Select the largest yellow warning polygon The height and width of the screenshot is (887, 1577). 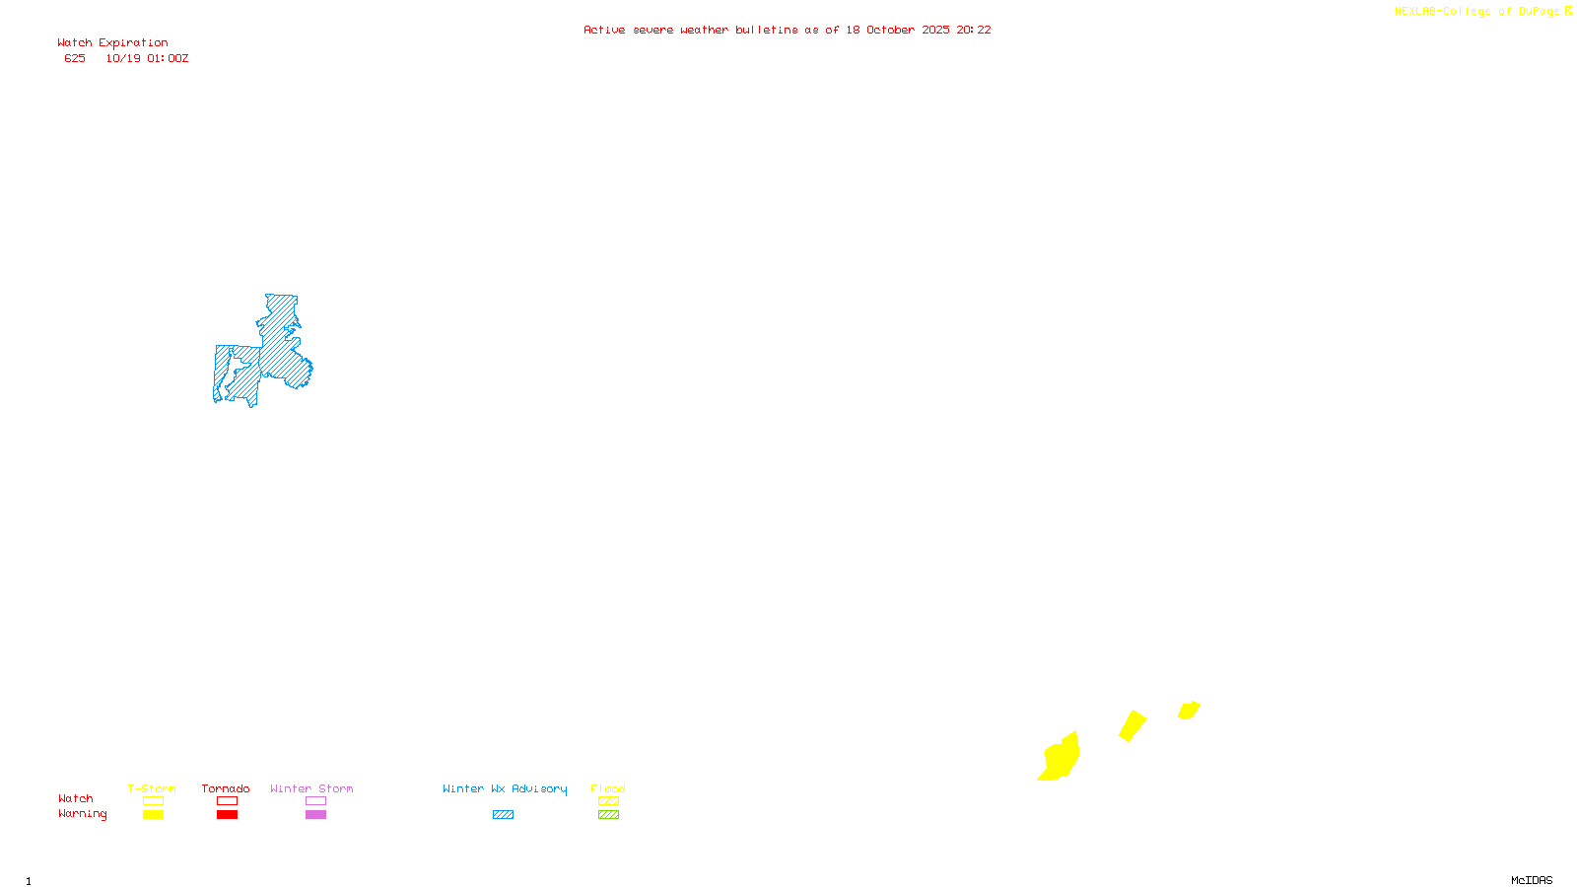tap(1061, 759)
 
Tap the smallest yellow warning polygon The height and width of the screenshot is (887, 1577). tap(1189, 710)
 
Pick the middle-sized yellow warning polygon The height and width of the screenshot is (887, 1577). tap(1132, 725)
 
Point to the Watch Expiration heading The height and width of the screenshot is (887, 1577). tap(112, 43)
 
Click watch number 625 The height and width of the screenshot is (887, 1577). tap(75, 59)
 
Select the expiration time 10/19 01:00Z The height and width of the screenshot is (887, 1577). tap(147, 59)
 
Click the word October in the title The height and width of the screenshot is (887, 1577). tap(891, 31)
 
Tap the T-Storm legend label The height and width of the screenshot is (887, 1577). tap(152, 789)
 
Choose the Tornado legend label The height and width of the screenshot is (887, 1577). tap(226, 789)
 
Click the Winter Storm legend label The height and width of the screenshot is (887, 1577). tap(311, 789)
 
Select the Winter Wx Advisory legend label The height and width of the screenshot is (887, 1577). tap(505, 789)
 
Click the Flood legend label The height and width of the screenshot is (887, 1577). tap(608, 789)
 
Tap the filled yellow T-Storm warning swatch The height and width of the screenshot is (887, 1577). tap(153, 815)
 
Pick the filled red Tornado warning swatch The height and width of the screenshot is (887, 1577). tap(227, 815)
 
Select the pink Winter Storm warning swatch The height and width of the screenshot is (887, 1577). tap(315, 815)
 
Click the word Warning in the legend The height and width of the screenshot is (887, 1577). tap(83, 814)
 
